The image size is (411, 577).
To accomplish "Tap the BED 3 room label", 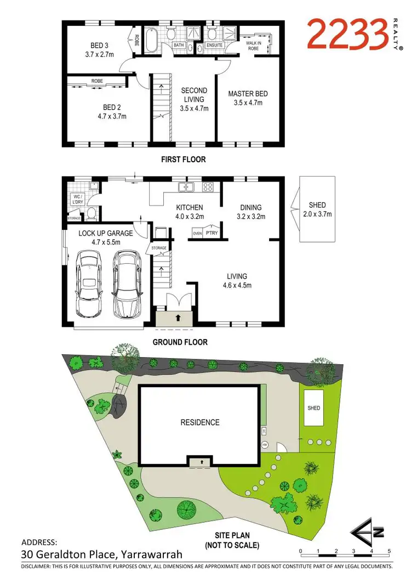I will pos(99,46).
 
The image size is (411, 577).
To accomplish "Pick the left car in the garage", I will pos(89,283).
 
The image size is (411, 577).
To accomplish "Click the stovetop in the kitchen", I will pos(208,188).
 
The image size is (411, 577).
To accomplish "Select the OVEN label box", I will pos(197,233).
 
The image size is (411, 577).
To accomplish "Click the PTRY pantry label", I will pos(212,233).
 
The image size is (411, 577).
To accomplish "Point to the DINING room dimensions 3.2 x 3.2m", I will pos(250,217).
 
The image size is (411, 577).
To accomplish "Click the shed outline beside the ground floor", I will pos(317,210).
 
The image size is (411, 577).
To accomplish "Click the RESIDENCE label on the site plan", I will pos(200,422).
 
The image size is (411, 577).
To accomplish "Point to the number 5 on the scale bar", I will pos(389,551).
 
